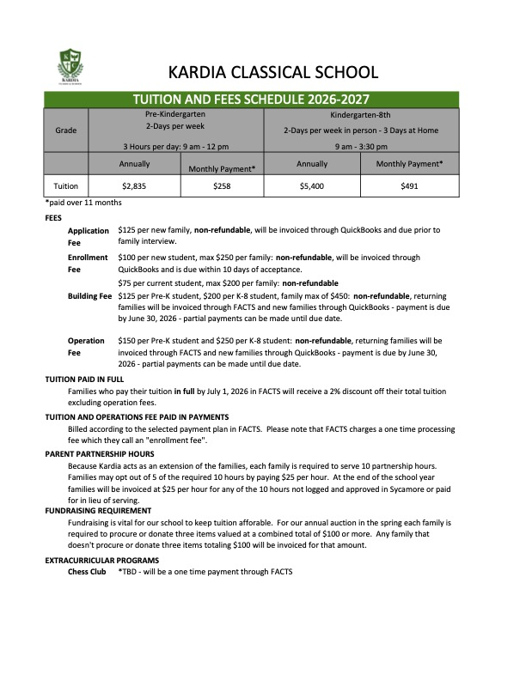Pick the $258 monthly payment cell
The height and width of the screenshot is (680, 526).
tap(221, 185)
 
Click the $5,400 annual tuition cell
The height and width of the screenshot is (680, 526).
tap(311, 185)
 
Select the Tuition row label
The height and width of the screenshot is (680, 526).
tap(66, 185)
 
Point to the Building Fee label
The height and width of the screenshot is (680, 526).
tap(89, 296)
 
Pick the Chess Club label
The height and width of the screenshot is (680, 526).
tap(86, 571)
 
